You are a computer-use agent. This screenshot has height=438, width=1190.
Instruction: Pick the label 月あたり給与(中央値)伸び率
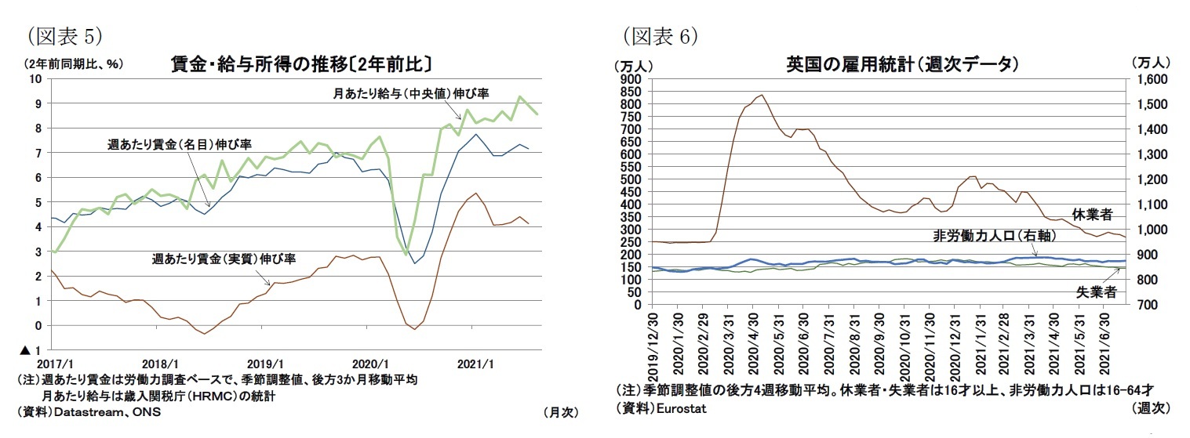click(411, 93)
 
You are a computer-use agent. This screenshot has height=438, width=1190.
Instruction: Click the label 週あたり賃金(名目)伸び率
click(179, 144)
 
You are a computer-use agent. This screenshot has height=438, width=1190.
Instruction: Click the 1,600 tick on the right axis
click(1148, 80)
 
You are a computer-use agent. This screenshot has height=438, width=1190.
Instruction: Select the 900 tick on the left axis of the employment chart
click(631, 80)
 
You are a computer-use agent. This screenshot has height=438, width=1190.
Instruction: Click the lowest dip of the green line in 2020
click(406, 255)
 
